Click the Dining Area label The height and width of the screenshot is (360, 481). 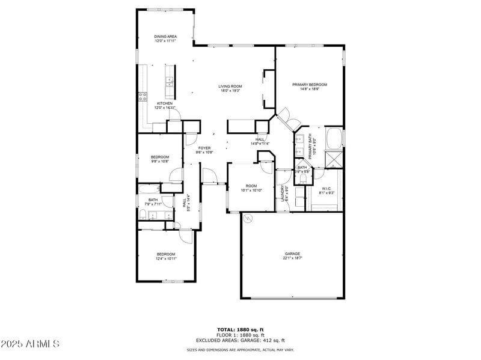pos(165,37)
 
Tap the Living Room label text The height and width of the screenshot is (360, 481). pos(230,87)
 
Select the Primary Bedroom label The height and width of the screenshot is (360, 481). pos(310,85)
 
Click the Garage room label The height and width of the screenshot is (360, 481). pos(292,254)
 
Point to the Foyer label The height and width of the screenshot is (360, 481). pos(204,148)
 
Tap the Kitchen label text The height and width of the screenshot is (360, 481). pos(165,103)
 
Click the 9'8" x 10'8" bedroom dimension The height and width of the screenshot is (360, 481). pos(159,161)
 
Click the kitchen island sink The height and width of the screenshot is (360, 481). pos(170,81)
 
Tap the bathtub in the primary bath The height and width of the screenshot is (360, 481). pos(334,136)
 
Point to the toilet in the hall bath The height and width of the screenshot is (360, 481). pos(142,215)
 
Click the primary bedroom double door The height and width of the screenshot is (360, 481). pos(287,118)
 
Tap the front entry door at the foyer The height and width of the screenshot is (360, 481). pos(210,175)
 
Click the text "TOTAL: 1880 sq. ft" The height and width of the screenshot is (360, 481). pos(240,329)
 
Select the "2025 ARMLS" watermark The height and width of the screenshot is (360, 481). pos(30,344)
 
